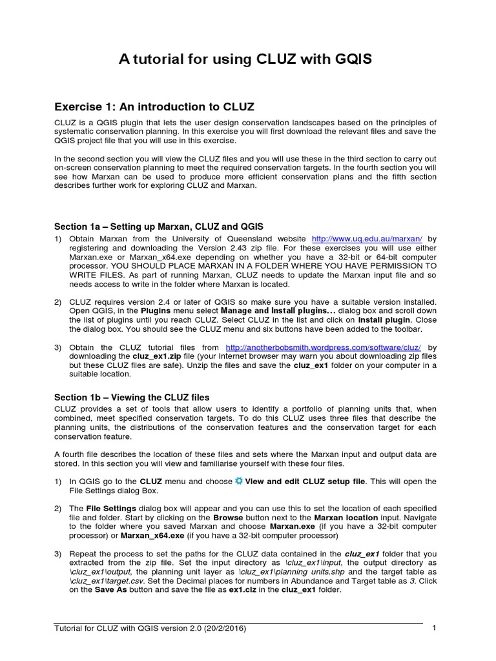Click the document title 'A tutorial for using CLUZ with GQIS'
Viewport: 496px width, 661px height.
245,60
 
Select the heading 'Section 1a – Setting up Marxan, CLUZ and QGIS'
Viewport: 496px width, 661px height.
158,227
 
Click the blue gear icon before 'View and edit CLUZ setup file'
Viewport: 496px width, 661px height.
239,481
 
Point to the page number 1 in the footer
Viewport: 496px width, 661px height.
435,628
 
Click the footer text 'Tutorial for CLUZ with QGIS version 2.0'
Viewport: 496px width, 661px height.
149,628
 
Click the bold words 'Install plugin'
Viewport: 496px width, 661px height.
384,320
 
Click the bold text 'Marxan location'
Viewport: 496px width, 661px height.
346,518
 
